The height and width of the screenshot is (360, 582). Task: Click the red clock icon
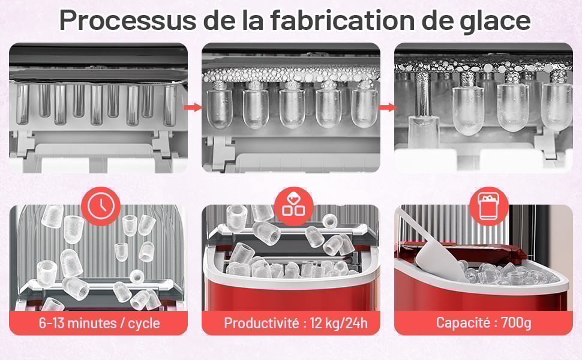[x=101, y=206]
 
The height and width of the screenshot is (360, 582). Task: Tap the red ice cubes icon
[x=294, y=206]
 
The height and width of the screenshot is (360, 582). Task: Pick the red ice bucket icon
[x=489, y=206]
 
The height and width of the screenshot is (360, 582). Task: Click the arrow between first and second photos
[x=193, y=107]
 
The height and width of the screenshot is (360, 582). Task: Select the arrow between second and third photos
[x=387, y=107]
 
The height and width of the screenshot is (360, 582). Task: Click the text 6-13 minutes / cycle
[x=100, y=323]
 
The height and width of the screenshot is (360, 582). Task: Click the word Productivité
[x=262, y=323]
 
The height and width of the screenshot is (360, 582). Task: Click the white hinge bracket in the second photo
[x=220, y=152]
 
